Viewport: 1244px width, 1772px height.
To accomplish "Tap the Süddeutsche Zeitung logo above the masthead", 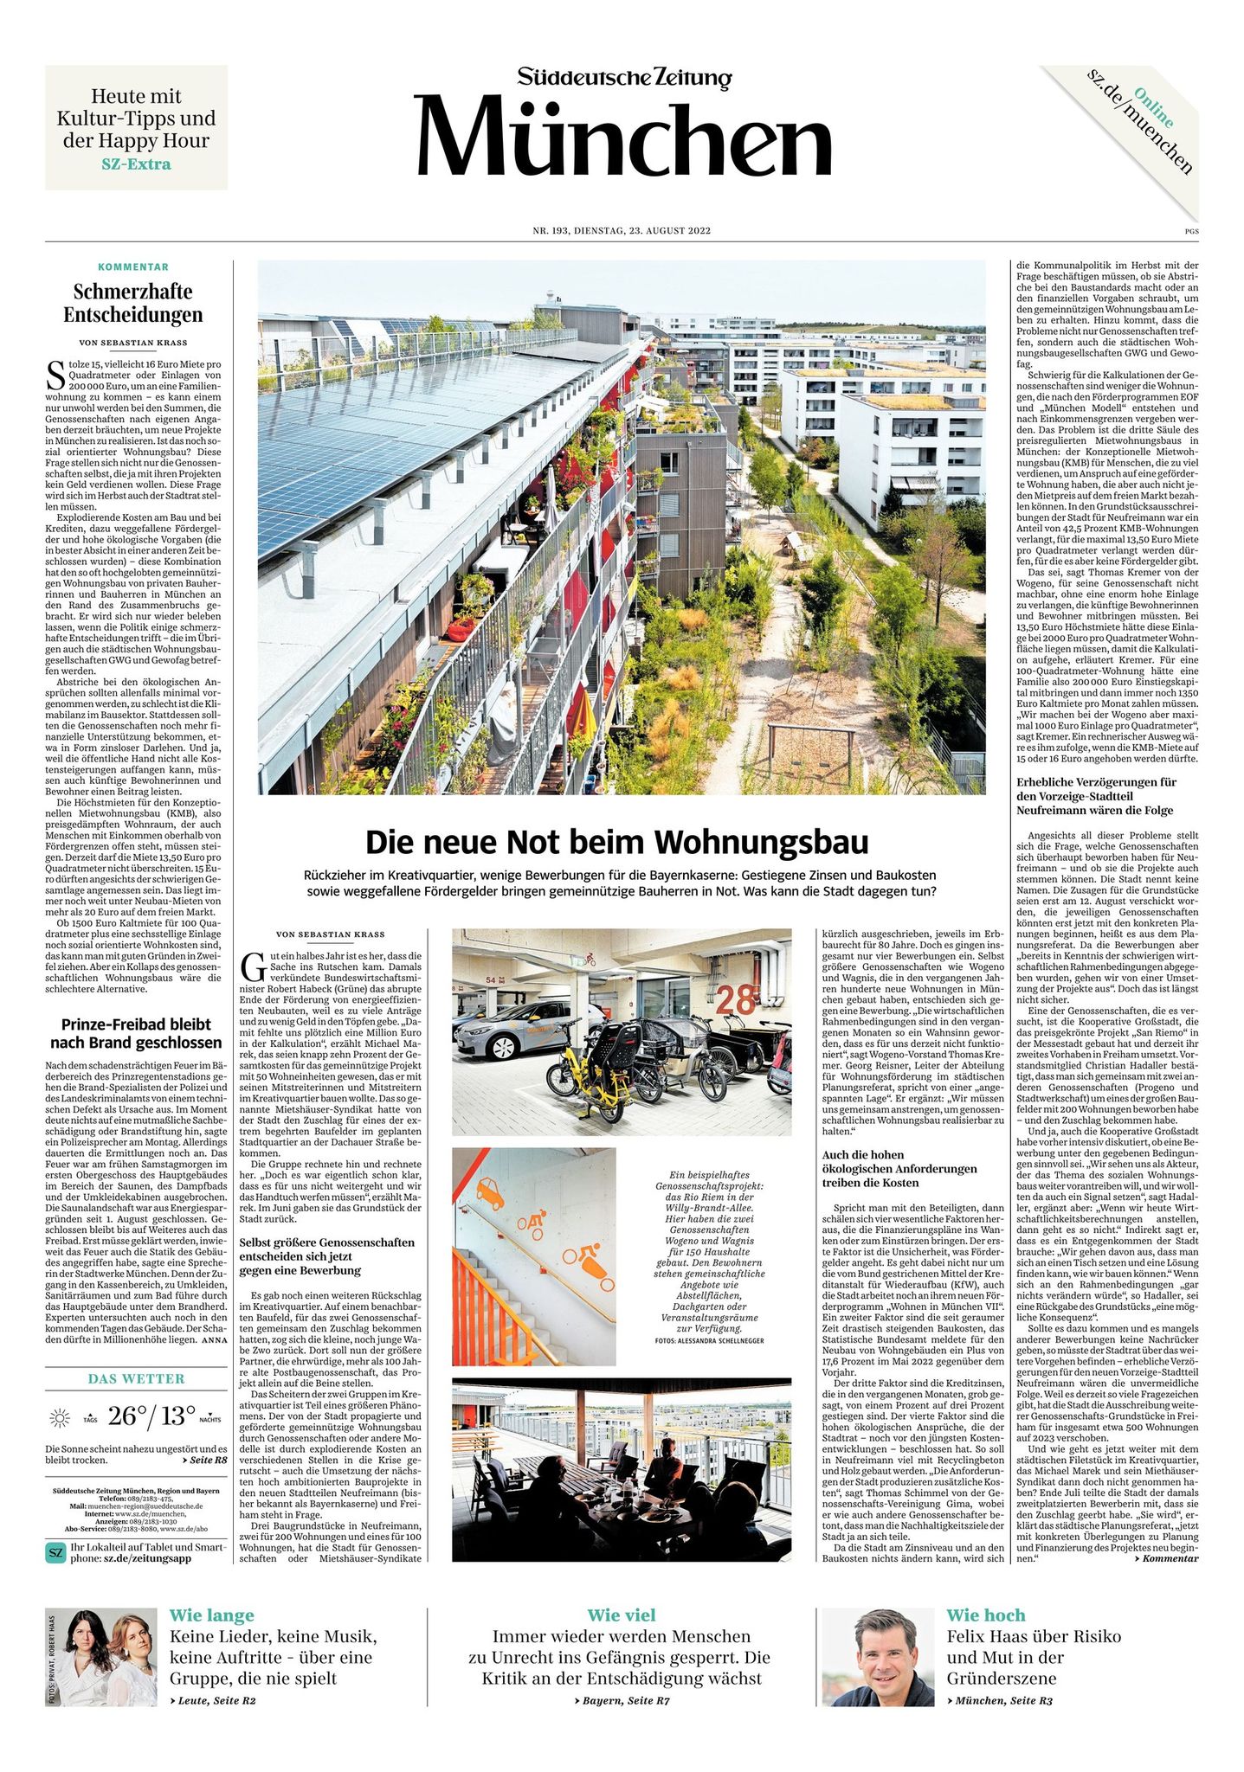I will click(624, 78).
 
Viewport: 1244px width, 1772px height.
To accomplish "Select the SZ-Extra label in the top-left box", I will click(136, 164).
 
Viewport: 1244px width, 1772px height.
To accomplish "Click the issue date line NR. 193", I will click(622, 231).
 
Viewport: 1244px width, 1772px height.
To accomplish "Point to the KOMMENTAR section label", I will click(133, 266).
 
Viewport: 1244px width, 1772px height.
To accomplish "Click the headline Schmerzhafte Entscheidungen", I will click(132, 303).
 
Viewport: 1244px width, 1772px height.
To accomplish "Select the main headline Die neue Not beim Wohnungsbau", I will click(616, 841).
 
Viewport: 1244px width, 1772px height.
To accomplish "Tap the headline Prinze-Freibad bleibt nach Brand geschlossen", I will click(135, 1033).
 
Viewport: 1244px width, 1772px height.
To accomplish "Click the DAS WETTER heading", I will click(137, 1378).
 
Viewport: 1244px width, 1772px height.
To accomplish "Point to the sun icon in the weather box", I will click(61, 1417).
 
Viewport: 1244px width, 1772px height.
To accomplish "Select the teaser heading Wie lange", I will click(211, 1615).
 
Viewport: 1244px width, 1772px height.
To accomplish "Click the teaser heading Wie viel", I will click(621, 1615).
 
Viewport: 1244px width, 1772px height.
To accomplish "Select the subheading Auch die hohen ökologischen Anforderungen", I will click(899, 1168).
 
